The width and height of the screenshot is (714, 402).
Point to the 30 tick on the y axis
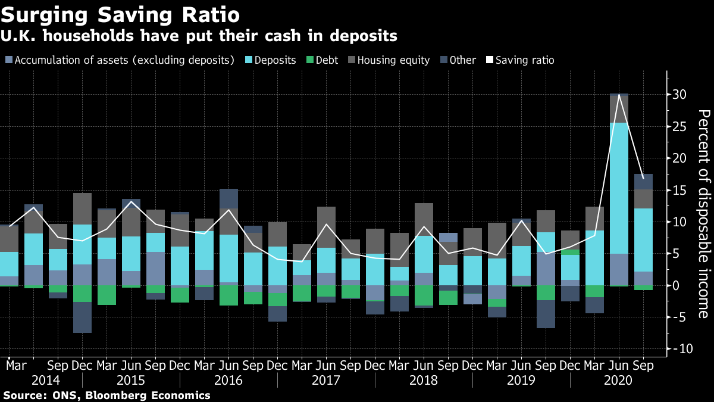click(x=680, y=95)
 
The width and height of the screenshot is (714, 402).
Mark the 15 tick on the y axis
click(x=680, y=191)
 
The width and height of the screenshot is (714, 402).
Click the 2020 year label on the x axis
click(x=619, y=380)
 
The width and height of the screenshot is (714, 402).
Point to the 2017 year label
click(x=326, y=380)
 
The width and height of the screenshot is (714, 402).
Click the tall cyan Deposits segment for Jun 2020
click(x=619, y=188)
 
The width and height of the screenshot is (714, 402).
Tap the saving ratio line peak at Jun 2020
click(x=619, y=95)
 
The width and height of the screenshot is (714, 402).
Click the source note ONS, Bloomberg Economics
click(x=107, y=395)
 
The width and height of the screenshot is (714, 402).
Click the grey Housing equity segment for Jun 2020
click(x=619, y=109)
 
